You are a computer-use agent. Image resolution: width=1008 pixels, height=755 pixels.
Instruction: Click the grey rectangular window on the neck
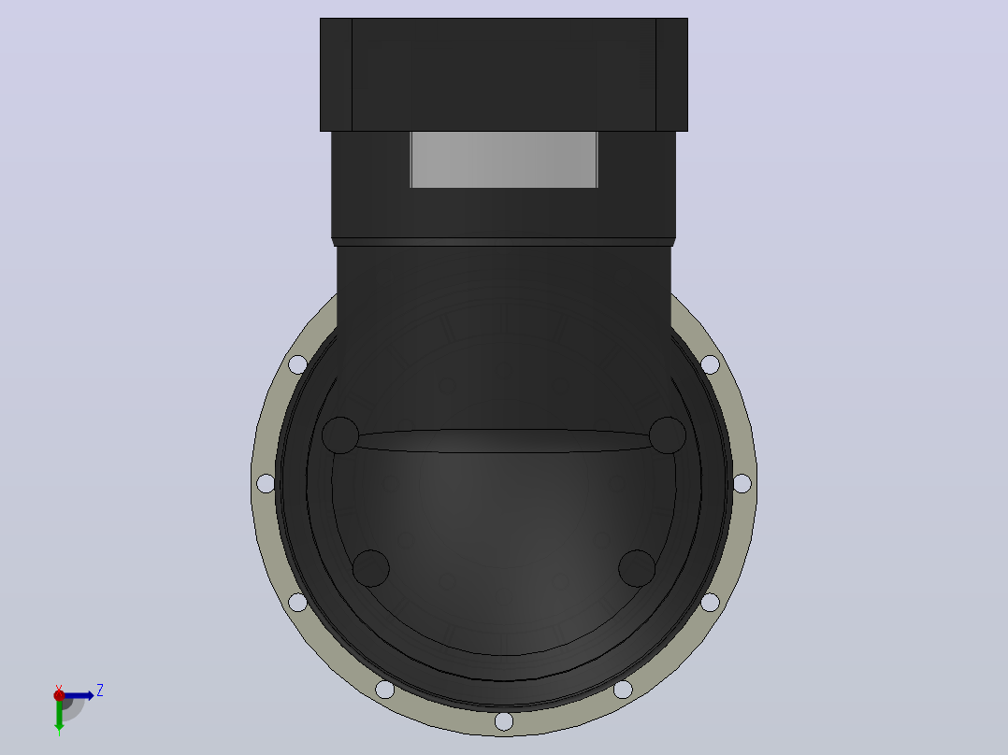[x=504, y=160]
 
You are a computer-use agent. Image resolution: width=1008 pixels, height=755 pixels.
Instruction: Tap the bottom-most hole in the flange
[x=504, y=721]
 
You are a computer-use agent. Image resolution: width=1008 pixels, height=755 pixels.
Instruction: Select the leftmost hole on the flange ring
[x=266, y=483]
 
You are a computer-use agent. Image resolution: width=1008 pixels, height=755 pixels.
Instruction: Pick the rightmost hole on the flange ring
[x=742, y=483]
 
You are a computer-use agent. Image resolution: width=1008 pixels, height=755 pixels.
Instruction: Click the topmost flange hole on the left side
[x=297, y=364]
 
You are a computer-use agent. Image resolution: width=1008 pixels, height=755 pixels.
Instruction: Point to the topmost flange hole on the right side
[x=711, y=364]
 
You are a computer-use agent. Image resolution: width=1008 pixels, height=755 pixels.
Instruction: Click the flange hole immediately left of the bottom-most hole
[x=384, y=690]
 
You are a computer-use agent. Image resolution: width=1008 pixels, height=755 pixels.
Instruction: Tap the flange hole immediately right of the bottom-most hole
[x=623, y=690]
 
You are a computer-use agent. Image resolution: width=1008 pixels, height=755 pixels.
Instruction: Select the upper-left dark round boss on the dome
[x=340, y=435]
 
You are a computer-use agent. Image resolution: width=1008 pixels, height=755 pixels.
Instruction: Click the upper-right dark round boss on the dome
[x=668, y=435]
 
